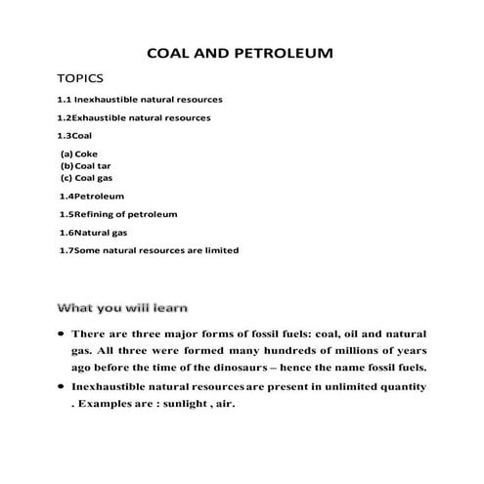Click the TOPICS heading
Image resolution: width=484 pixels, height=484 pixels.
coord(82,77)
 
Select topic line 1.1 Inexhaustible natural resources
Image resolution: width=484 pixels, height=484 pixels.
coord(141,100)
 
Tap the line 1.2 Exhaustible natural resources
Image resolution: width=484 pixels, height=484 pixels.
coord(135,117)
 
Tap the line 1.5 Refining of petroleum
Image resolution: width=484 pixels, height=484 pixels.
coord(117,214)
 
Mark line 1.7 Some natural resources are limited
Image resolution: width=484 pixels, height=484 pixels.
coord(149,250)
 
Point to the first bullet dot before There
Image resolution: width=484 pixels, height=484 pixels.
coord(62,333)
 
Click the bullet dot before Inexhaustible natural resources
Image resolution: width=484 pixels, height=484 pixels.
coord(62,388)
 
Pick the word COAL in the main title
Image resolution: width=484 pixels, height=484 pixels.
coord(167,50)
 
